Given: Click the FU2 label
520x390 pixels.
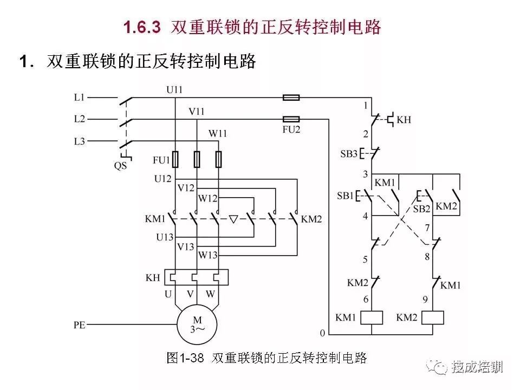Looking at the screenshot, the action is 291,129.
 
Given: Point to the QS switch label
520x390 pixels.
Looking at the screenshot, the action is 120,165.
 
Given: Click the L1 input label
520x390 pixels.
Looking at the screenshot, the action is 79,97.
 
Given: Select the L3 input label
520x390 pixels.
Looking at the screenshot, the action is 79,141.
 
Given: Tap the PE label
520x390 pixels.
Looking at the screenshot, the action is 80,324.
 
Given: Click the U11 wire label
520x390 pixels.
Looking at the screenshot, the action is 174,89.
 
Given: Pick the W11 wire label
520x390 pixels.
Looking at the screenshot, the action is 218,133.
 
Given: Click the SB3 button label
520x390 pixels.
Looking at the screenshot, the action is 349,154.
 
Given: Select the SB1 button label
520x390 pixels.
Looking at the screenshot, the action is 345,196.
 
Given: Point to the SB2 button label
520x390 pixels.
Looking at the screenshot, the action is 421,209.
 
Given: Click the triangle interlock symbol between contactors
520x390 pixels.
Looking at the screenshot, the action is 233,219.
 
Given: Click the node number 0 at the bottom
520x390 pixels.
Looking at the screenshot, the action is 322,333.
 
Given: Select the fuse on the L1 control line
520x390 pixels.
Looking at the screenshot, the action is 291,97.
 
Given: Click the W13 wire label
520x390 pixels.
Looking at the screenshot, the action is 207,255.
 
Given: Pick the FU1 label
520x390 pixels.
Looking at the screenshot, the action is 161,160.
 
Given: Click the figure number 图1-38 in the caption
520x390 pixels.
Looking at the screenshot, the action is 185,358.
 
